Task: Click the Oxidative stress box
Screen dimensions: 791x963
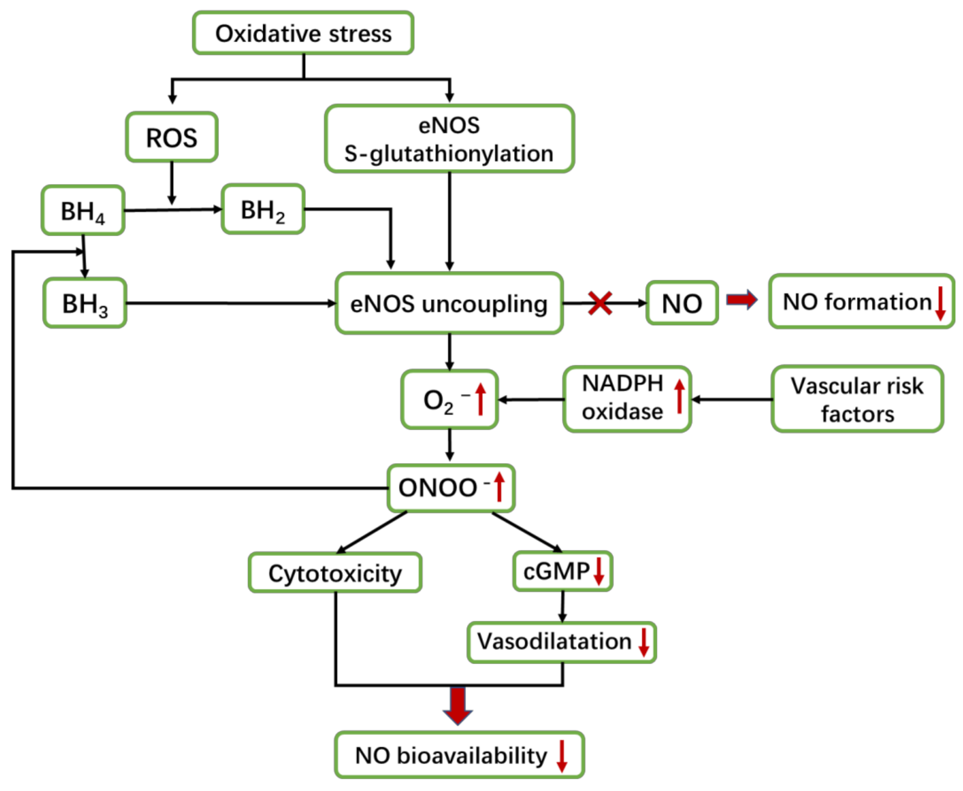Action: (x=303, y=33)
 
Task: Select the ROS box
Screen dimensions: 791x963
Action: (x=172, y=137)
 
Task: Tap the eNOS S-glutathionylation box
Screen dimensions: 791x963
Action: (x=449, y=139)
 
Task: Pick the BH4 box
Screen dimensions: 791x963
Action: (x=83, y=211)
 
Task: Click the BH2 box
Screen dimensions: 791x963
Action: (x=263, y=210)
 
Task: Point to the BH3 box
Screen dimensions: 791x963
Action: (x=85, y=303)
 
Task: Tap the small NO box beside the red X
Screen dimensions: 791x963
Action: (x=682, y=303)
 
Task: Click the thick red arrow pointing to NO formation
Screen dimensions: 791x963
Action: (x=742, y=299)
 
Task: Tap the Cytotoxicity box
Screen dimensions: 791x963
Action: (x=335, y=573)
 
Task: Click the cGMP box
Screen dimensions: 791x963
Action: (x=562, y=571)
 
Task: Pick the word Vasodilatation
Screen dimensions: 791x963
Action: (x=554, y=642)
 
